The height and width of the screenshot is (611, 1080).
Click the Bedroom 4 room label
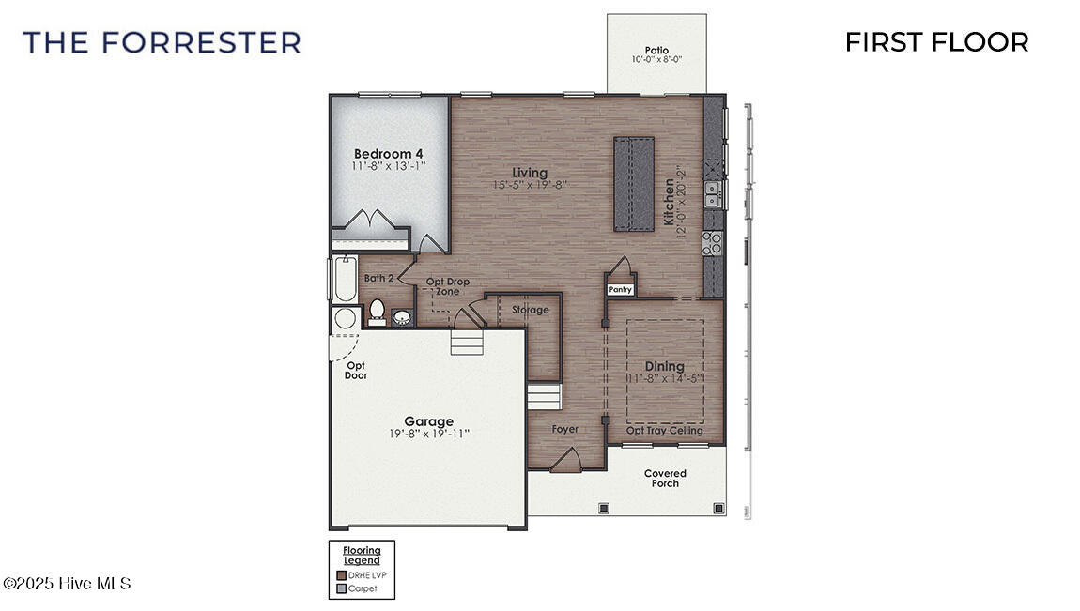click(388, 154)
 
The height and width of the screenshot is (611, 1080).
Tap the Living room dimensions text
click(530, 186)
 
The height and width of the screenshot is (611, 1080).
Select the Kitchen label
click(669, 202)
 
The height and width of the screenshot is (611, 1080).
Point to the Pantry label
click(620, 290)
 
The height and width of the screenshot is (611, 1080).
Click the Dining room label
click(664, 366)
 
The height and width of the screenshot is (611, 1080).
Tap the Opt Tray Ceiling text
click(664, 431)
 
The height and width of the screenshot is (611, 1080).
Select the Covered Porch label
click(665, 478)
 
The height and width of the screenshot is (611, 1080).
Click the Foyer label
click(565, 430)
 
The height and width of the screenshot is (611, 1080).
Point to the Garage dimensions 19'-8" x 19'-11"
click(429, 435)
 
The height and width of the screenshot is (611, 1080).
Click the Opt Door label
click(356, 370)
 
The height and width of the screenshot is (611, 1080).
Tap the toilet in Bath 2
click(377, 310)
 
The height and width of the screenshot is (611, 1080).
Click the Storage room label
click(530, 310)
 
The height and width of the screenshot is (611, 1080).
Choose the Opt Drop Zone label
click(447, 286)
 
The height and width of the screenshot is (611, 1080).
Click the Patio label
click(656, 51)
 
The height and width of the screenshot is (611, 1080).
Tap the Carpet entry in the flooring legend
click(363, 588)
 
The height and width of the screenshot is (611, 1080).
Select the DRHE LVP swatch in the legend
click(342, 574)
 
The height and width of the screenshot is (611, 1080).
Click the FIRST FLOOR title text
click(936, 42)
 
